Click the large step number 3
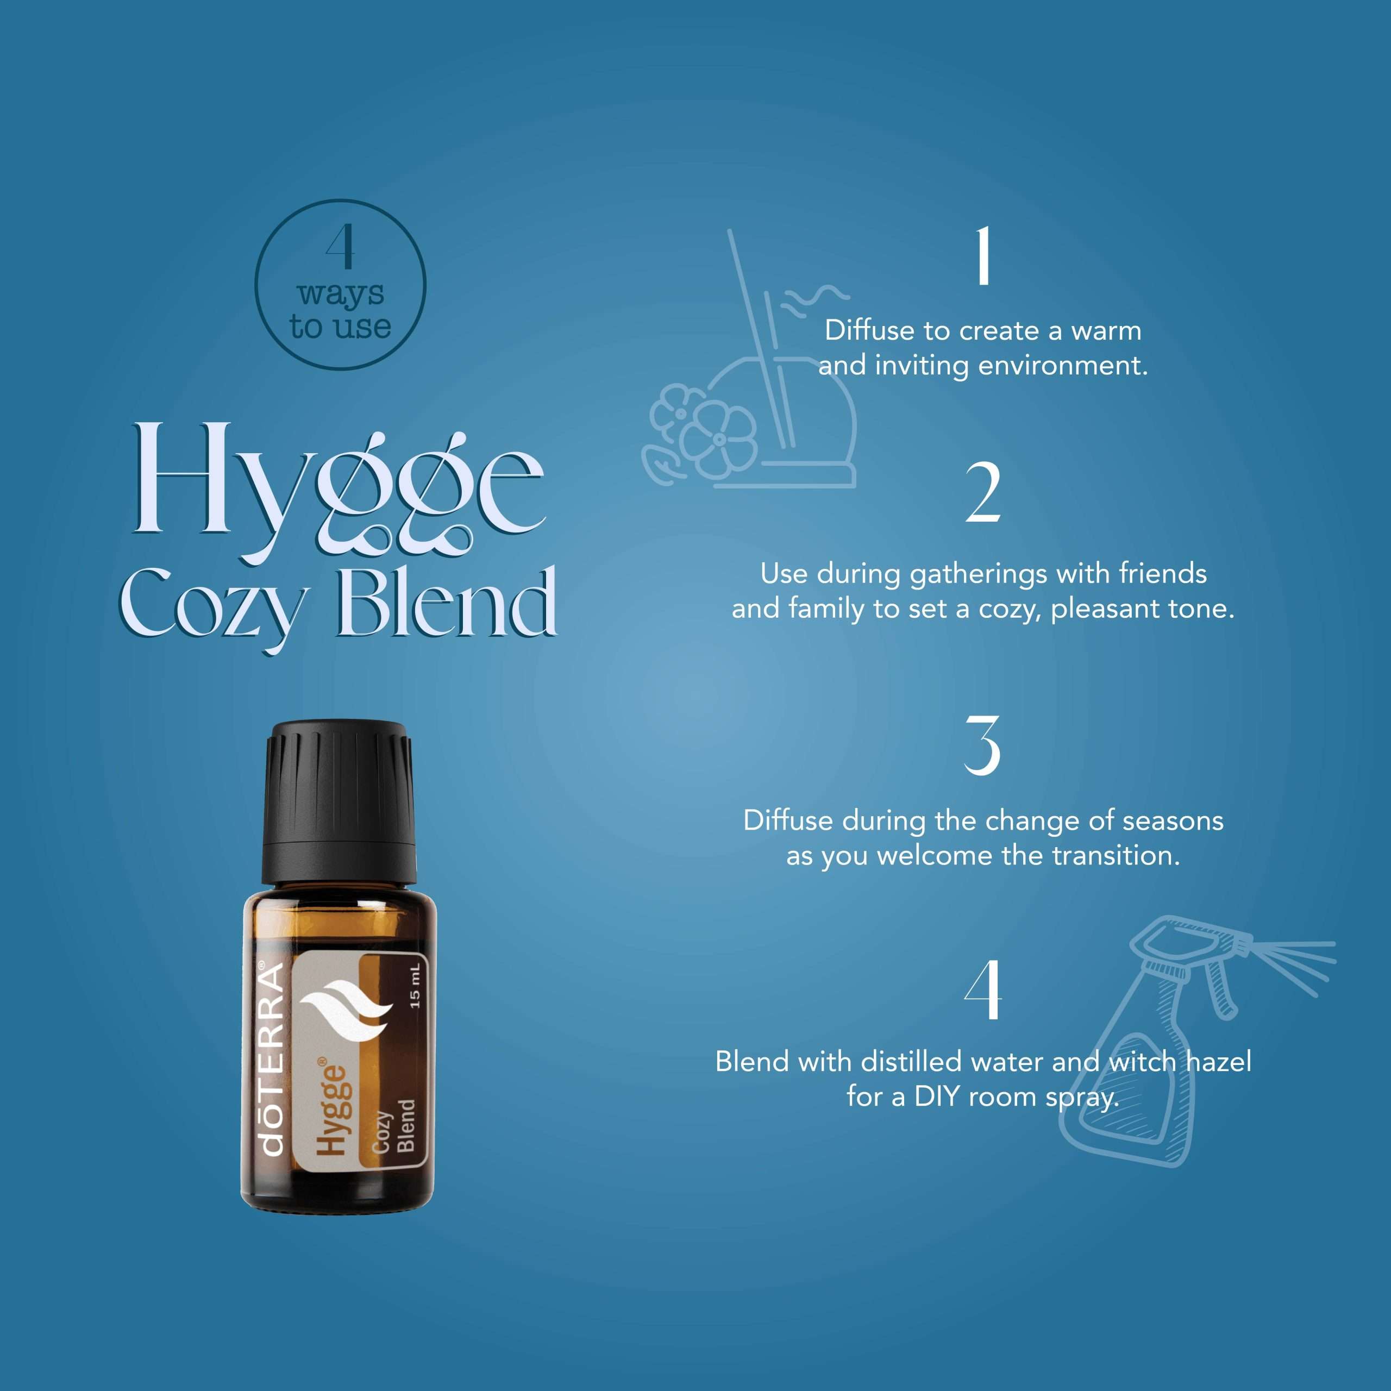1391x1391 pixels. click(983, 745)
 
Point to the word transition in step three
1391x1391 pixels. click(1116, 855)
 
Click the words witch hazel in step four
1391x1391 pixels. click(1180, 1061)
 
